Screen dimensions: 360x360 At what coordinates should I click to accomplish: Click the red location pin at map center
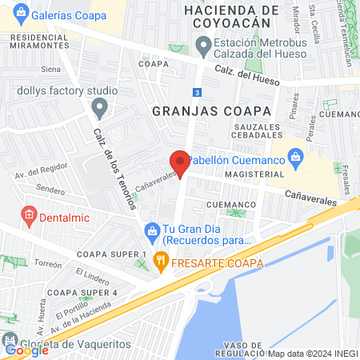click(x=180, y=162)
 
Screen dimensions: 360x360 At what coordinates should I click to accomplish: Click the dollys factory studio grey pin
click(x=99, y=106)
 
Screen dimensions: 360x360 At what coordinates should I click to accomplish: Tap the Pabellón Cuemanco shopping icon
click(x=296, y=157)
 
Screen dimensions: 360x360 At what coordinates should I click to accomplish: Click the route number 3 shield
click(x=197, y=91)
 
